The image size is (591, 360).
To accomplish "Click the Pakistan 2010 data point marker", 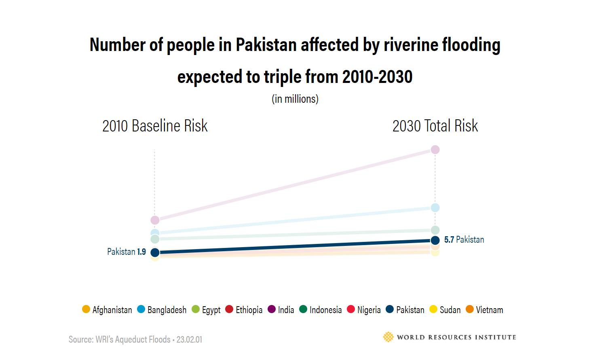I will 155,252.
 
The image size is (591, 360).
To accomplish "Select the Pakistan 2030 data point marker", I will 435,240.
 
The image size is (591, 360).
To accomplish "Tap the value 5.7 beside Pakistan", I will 449,239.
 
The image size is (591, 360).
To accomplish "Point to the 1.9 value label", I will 141,252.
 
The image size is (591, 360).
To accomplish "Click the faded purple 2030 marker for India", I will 435,150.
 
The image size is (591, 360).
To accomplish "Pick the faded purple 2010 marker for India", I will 155,220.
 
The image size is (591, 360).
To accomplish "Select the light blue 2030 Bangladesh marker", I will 435,208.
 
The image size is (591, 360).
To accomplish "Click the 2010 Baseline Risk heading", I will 155,126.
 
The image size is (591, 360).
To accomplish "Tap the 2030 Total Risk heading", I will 435,126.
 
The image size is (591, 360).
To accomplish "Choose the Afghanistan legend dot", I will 86,309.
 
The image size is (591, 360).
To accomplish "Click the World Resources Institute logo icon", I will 388,337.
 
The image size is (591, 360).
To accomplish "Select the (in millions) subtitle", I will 295,99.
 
